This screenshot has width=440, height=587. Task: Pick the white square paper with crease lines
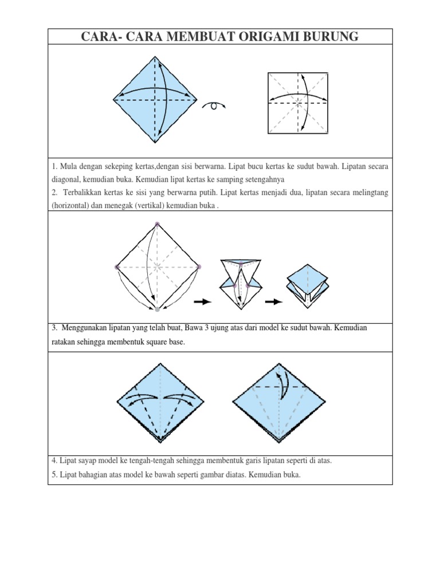[298, 103]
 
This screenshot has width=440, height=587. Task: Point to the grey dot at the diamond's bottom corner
[157, 310]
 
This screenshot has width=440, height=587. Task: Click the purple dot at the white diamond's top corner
[157, 224]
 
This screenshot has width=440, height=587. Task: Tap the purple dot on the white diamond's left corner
[116, 267]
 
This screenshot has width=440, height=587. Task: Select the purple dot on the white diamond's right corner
[198, 267]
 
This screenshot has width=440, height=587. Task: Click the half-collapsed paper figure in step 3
[241, 281]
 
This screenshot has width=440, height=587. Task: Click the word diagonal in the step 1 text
[68, 179]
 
